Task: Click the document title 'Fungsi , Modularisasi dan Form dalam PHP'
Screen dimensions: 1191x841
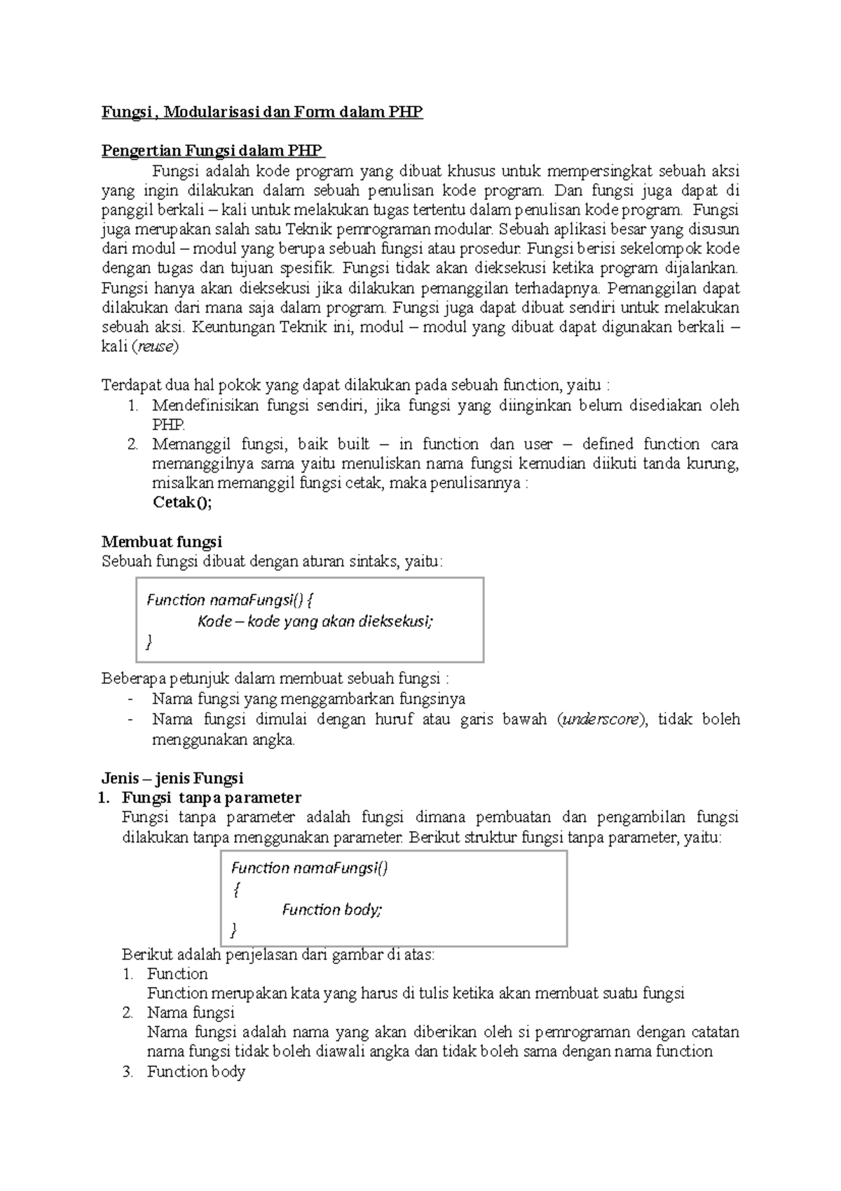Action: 262,112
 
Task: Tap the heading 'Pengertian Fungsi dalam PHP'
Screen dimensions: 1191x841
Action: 212,151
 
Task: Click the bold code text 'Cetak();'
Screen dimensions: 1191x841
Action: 182,503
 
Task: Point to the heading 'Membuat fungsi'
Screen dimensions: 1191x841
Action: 161,541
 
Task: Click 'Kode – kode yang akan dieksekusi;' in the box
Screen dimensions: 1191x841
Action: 315,621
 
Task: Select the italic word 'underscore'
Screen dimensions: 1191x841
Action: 601,720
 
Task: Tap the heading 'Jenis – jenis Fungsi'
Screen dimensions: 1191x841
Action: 172,778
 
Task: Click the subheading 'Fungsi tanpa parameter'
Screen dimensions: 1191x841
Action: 211,798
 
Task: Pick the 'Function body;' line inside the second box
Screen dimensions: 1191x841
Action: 332,910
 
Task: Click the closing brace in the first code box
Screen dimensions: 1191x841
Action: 149,642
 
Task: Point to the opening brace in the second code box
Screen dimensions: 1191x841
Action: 235,889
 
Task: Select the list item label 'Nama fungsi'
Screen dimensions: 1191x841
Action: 191,1013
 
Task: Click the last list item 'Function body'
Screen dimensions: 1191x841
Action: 196,1072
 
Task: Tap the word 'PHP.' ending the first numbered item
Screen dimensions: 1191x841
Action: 168,425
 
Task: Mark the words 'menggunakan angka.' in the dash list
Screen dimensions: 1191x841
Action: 224,739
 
